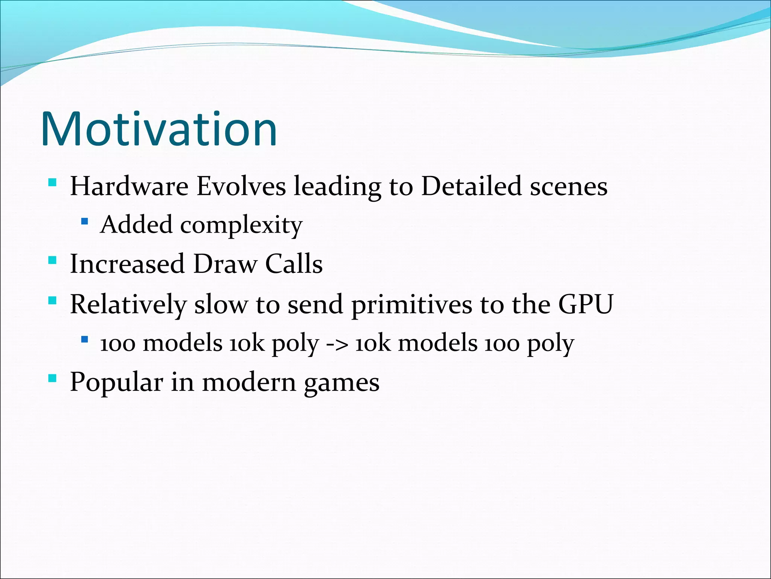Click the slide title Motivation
159,129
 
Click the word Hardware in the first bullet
129,186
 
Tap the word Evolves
241,186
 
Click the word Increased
127,264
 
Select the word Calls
294,264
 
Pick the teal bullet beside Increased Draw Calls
52,260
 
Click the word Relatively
128,305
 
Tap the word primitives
411,305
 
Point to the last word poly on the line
550,345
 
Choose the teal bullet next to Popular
52,378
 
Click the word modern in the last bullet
249,382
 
